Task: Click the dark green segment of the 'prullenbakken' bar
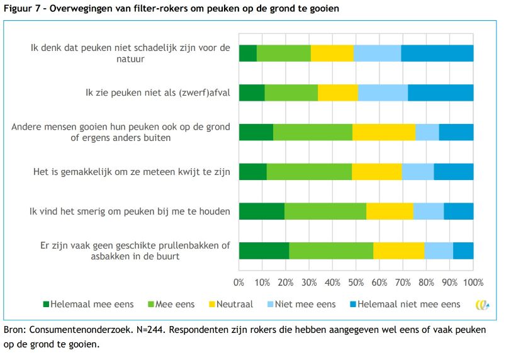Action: (x=264, y=250)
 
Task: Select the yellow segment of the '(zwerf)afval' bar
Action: (x=338, y=93)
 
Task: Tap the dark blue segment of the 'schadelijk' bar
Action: (x=437, y=53)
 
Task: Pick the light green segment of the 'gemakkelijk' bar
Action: (x=309, y=171)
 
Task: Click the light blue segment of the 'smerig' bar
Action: (x=428, y=211)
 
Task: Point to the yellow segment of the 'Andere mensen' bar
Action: (x=383, y=132)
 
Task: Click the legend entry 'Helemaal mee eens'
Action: (x=87, y=305)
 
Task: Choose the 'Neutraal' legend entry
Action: (x=228, y=305)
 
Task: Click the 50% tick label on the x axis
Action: (x=356, y=283)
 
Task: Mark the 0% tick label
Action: (x=239, y=283)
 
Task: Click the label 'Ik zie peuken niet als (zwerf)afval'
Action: (x=158, y=93)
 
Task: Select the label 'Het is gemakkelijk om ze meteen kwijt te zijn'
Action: (x=132, y=171)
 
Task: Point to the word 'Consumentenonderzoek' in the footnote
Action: (x=77, y=330)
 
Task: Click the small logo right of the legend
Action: (x=483, y=305)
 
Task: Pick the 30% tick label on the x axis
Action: (x=310, y=283)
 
